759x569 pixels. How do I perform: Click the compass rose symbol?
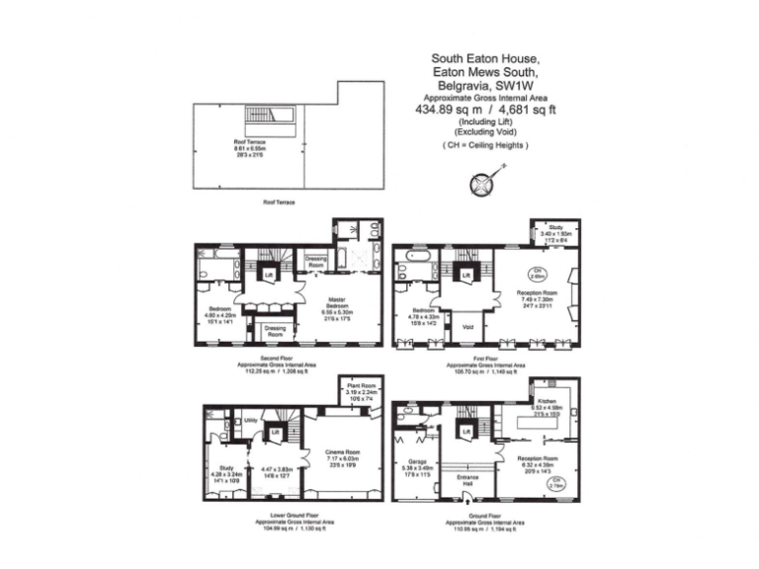[x=482, y=184]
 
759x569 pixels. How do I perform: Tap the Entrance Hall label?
[x=467, y=480]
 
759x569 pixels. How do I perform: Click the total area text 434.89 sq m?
[x=449, y=111]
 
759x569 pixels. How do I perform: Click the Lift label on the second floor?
[x=269, y=277]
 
